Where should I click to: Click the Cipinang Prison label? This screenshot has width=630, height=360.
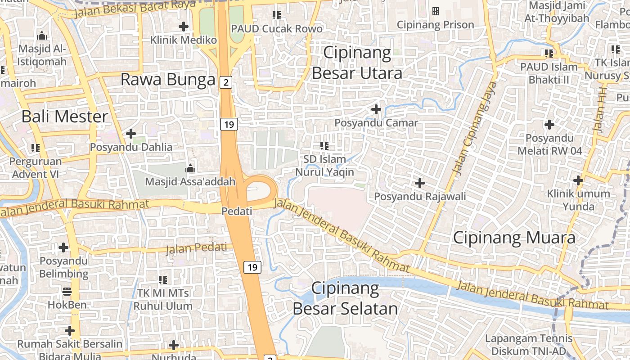pos(435,25)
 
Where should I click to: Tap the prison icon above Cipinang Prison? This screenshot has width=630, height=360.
pos(435,11)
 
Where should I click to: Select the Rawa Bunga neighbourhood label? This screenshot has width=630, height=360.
pos(168,80)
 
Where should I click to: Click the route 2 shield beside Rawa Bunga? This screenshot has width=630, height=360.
pos(226,82)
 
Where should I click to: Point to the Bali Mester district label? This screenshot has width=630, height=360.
pos(65,117)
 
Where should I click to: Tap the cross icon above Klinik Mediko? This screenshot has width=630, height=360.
pos(183,27)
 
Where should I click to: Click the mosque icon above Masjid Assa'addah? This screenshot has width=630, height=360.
pos(190,169)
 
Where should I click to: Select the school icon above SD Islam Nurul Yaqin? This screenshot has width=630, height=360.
pos(324,145)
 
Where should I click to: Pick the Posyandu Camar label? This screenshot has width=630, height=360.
pos(376,123)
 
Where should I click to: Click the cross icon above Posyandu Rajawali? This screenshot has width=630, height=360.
pos(419,183)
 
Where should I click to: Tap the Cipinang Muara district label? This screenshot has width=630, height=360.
pos(514,238)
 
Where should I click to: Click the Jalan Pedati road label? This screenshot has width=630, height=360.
pos(197,248)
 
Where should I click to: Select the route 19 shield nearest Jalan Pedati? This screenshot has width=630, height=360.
pos(252,267)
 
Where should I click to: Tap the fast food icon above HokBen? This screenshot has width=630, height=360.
pos(67,292)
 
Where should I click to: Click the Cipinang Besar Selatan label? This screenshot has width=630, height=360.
pos(345,298)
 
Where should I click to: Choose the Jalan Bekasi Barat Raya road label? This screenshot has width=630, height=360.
pos(135,9)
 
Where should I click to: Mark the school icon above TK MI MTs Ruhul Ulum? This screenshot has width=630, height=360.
pos(163,279)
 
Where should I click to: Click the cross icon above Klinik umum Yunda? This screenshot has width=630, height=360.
pos(578,181)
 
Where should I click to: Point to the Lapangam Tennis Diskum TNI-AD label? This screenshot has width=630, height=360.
pos(529,345)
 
